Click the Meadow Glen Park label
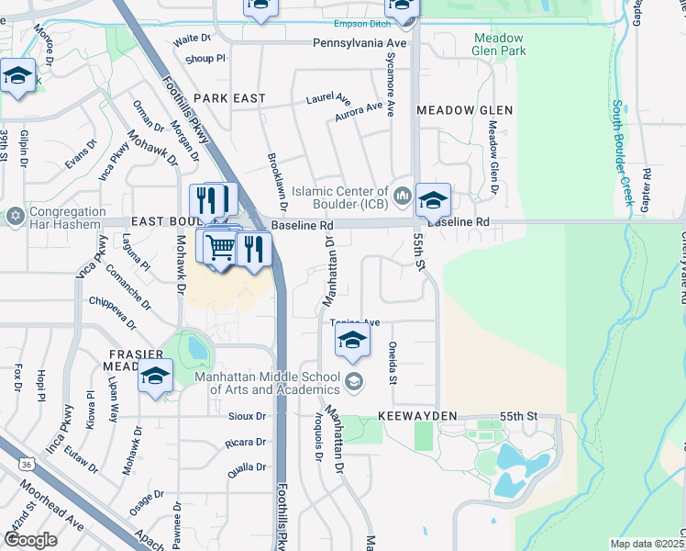click(x=499, y=45)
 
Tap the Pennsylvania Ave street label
click(x=360, y=43)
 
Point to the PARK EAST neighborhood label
click(x=230, y=98)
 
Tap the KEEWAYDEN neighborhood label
click(x=417, y=416)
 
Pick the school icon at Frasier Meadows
click(x=155, y=376)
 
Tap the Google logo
click(x=30, y=540)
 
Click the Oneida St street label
click(x=393, y=365)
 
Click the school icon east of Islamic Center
click(x=433, y=199)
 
